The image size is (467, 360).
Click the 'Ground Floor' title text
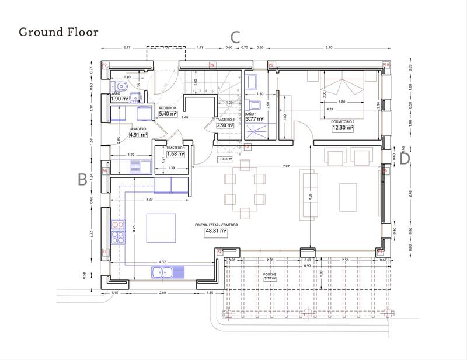[x=58, y=32]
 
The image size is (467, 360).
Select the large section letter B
[x=83, y=180]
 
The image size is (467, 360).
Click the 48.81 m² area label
[x=215, y=231]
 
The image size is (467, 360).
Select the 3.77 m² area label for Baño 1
[x=255, y=119]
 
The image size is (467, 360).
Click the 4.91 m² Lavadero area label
[x=138, y=134]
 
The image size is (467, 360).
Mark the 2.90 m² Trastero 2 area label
[x=225, y=125]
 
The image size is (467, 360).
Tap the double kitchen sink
[x=168, y=271]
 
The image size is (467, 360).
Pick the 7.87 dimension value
[x=285, y=166]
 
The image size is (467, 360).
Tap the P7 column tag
[x=105, y=65]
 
